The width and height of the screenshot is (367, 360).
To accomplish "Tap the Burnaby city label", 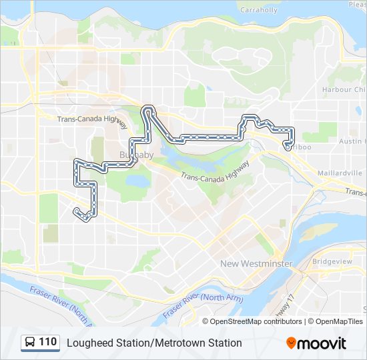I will [136, 155].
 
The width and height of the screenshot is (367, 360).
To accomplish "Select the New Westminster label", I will [256, 264].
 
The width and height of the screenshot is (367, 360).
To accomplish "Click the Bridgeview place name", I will [332, 262].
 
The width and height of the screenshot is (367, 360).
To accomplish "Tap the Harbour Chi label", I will [344, 89].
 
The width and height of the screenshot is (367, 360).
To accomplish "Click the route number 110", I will [47, 342].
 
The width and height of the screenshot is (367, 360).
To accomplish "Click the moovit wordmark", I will [322, 343].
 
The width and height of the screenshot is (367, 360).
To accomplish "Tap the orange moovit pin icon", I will [292, 343].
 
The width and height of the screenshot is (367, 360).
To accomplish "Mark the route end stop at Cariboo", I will [288, 148].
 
